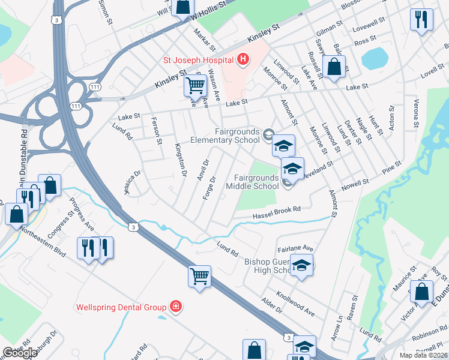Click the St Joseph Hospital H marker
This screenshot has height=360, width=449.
click(243, 59)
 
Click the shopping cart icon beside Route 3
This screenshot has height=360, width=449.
click(199, 276)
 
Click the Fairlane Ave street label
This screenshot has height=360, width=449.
click(295, 248)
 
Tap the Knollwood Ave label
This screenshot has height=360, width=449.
click(295, 304)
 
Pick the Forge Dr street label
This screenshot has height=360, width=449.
click(209, 189)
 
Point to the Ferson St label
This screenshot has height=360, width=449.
click(158, 132)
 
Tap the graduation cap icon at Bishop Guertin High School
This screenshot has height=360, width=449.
click(301, 265)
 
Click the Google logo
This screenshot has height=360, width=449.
click(20, 353)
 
